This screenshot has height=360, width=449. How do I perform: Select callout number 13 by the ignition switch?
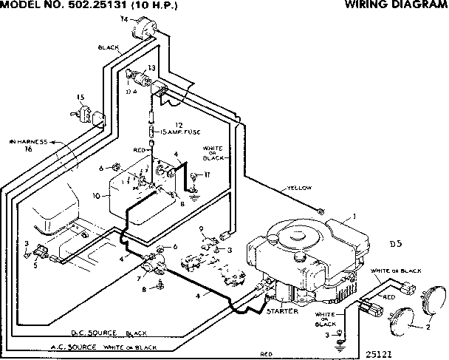[151, 67]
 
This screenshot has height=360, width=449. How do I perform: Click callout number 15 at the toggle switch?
[80, 97]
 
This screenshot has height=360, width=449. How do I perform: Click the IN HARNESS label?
[28, 141]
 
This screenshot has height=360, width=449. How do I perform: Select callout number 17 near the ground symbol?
[208, 174]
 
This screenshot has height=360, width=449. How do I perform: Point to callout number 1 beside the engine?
[354, 215]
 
